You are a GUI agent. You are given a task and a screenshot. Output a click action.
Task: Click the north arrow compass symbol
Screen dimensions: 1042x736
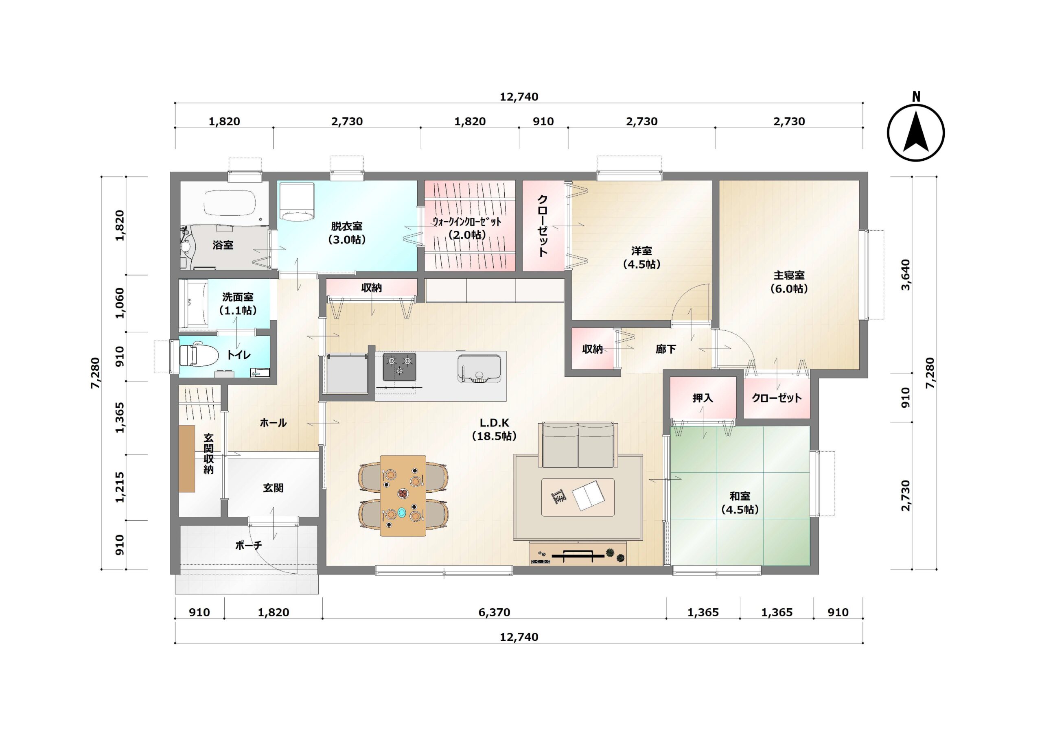pos(916,133)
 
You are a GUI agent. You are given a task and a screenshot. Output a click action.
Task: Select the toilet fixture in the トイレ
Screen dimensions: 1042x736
pos(197,355)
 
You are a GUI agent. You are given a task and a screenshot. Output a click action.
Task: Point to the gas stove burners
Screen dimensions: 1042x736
pos(399,367)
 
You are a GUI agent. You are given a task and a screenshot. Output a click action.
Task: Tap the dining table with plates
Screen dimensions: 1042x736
pos(403,496)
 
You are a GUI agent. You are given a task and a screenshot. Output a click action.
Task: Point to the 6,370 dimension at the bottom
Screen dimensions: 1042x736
pos(494,612)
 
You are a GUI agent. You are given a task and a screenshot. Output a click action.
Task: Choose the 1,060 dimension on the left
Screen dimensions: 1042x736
pos(119,303)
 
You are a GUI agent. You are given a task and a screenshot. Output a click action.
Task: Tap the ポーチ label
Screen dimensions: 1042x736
pos(248,545)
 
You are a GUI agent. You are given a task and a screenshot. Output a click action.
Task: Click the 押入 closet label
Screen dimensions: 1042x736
pos(703,398)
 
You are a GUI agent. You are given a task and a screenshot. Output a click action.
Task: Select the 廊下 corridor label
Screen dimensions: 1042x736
pos(666,349)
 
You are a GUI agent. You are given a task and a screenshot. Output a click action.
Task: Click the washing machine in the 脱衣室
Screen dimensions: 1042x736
pos(297,201)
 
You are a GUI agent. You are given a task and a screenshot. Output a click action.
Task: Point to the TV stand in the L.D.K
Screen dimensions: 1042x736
pos(578,554)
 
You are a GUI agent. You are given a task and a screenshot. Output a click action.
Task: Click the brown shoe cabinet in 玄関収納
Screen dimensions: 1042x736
pos(186,458)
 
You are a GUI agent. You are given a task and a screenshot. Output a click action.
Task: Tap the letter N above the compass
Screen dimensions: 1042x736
pos(916,97)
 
